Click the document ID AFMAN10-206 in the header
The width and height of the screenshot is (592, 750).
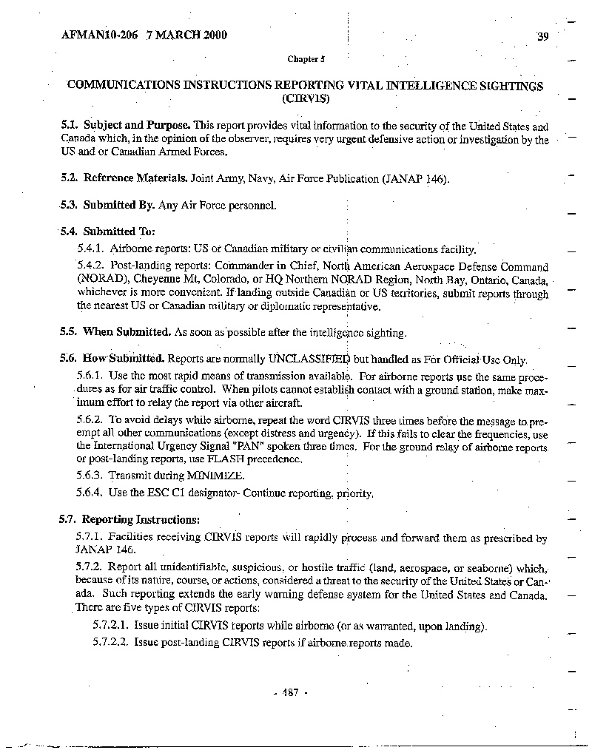click(95, 35)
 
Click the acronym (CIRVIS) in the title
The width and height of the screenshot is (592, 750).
click(306, 98)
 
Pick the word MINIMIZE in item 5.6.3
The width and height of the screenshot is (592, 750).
click(215, 476)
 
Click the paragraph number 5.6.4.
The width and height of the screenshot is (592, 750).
click(90, 493)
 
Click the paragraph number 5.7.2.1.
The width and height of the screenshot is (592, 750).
click(111, 626)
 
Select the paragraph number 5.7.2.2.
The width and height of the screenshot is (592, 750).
click(111, 643)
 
